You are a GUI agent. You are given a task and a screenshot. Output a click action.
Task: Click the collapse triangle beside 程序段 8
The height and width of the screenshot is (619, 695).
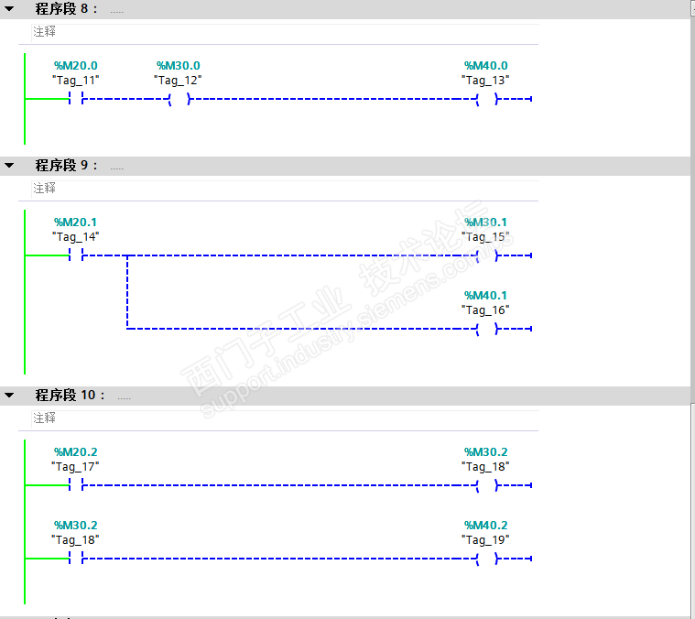coord(10,9)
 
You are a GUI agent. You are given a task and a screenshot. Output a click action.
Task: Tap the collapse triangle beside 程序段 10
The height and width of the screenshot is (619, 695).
coord(10,396)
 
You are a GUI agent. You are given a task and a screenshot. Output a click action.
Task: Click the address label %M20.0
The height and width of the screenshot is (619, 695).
coord(75,66)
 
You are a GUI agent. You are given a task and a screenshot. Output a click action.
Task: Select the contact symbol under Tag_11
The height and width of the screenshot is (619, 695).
coord(76,99)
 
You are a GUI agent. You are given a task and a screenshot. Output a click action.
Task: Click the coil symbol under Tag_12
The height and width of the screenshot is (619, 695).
coord(179,99)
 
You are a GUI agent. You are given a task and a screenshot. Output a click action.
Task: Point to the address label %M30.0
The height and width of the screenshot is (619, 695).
coord(178,66)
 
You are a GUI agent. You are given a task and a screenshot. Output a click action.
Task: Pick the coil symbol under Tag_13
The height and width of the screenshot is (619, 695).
coord(486,99)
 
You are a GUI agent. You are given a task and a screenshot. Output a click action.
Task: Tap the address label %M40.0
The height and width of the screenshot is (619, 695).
coord(485,66)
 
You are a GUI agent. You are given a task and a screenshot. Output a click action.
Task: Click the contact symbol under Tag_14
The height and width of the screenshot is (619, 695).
coord(76,255)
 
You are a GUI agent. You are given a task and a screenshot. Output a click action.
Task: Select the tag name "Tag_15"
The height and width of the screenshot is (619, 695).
coord(485,237)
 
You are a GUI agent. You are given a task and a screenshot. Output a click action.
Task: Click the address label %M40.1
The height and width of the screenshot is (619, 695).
coord(485,296)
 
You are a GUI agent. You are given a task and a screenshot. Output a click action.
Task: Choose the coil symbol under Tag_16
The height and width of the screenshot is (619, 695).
coord(486,328)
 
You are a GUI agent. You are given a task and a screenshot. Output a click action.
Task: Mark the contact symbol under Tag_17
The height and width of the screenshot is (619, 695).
coord(76,485)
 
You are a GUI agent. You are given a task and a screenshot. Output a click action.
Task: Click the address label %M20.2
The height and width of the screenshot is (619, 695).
coord(75,452)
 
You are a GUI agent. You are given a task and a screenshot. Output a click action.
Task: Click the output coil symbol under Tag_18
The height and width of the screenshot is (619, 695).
coord(486,485)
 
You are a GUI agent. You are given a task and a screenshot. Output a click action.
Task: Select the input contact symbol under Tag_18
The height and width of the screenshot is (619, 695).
coord(76,559)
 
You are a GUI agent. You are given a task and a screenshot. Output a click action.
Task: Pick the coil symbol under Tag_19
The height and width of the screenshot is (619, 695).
coord(486,559)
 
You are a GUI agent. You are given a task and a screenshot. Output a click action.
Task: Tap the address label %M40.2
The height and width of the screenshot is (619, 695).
coord(485,526)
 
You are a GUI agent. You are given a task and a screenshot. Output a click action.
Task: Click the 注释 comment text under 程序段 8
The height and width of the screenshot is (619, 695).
coord(45,31)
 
